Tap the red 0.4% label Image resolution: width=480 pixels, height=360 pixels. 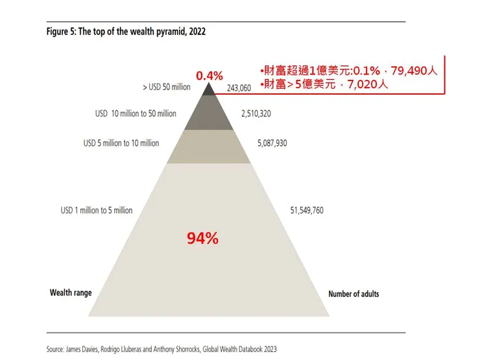pyautogui.click(x=209, y=76)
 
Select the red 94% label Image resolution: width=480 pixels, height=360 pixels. pyautogui.click(x=202, y=239)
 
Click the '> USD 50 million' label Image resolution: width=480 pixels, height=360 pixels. pyautogui.click(x=166, y=86)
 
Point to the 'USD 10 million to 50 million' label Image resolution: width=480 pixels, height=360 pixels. pyautogui.click(x=136, y=114)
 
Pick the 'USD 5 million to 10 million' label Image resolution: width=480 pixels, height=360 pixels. pyautogui.click(x=121, y=143)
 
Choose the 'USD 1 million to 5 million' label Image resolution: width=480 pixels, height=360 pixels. pyautogui.click(x=96, y=210)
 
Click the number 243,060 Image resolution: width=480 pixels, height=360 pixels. pyautogui.click(x=237, y=88)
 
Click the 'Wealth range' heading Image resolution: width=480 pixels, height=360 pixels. pyautogui.click(x=71, y=293)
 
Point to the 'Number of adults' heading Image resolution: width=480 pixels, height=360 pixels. pyautogui.click(x=354, y=294)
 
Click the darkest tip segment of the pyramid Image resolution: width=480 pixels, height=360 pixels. pyautogui.click(x=208, y=90)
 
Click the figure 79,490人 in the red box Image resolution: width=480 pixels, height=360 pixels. pyautogui.click(x=410, y=71)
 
